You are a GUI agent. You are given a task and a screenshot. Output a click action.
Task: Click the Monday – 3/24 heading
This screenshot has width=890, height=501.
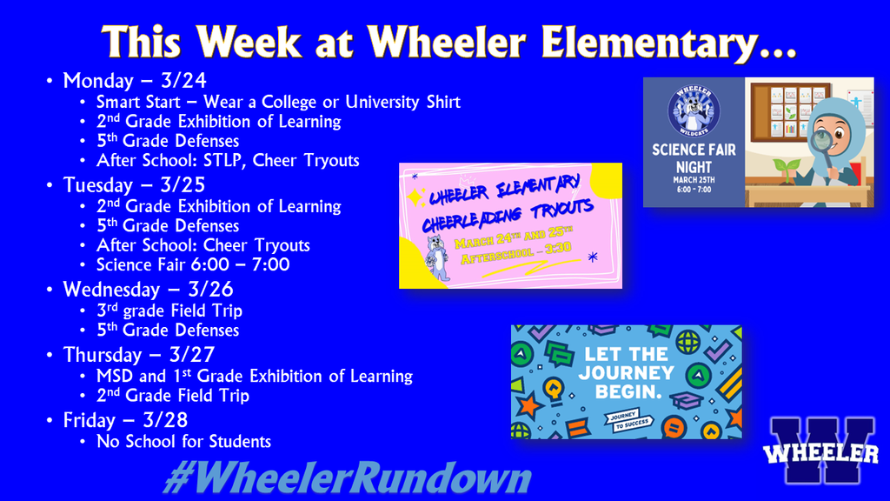point(135,81)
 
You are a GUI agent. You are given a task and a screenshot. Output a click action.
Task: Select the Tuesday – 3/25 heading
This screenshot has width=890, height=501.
point(135,185)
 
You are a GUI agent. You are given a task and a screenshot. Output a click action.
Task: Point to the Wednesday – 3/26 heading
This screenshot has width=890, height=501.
point(148,289)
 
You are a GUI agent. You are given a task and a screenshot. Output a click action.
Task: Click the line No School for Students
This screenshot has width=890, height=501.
point(183,441)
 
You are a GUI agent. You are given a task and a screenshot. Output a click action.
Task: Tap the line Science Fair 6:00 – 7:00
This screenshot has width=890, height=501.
point(193,264)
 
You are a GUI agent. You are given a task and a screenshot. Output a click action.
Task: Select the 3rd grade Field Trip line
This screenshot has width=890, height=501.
point(169,311)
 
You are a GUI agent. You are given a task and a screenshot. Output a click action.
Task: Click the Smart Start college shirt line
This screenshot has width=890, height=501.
point(278,102)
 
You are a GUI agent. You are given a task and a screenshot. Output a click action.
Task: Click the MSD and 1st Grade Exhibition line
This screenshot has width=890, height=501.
point(254,376)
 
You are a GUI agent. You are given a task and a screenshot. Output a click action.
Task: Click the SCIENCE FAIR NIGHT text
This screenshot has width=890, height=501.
point(694,158)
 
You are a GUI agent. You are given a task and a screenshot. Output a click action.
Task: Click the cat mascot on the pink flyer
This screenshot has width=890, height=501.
point(439,257)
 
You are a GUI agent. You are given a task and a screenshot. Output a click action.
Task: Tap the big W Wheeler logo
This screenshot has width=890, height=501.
point(820,451)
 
